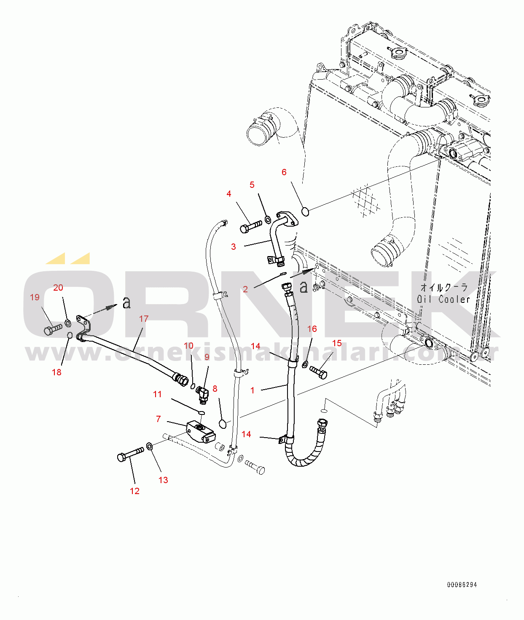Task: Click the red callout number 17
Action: click(x=144, y=319)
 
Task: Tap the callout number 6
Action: click(x=284, y=172)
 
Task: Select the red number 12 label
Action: click(x=134, y=491)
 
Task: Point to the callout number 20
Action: click(x=58, y=288)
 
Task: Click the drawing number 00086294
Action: click(x=462, y=585)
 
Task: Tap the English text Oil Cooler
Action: click(x=443, y=299)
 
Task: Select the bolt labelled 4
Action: click(x=250, y=227)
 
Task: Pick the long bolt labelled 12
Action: click(x=130, y=454)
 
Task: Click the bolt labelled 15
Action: click(x=319, y=372)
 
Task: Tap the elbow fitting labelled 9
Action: click(x=202, y=394)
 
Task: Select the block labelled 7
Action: click(x=200, y=432)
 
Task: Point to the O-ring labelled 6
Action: click(x=306, y=211)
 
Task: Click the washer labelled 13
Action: click(x=150, y=446)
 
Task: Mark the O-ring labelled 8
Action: click(x=223, y=423)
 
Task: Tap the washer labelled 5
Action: click(x=268, y=219)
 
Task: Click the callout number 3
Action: click(x=234, y=247)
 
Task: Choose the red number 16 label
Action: click(x=312, y=329)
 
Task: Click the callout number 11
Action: click(x=157, y=394)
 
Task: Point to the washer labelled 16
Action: click(x=305, y=363)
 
